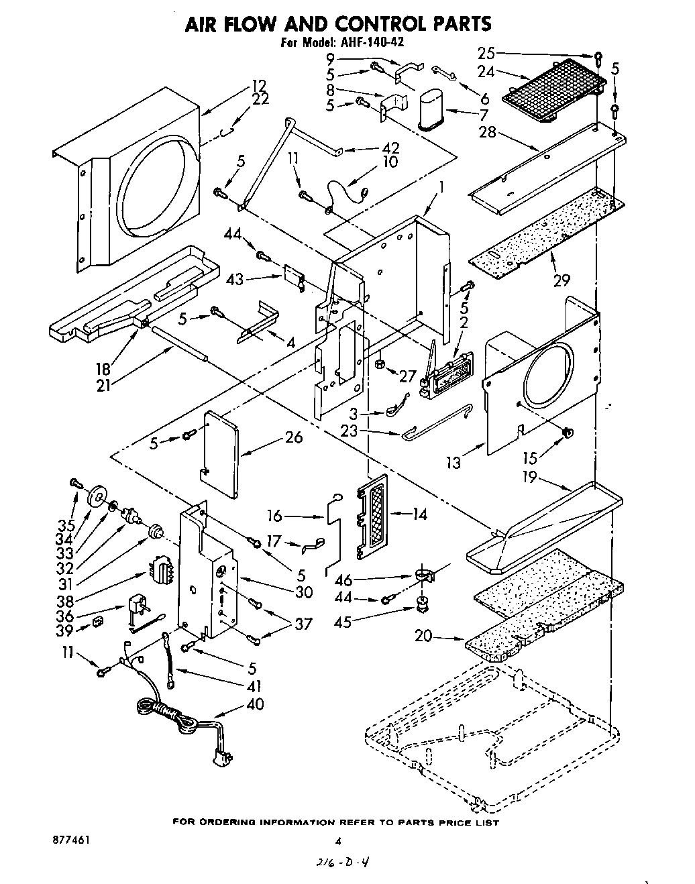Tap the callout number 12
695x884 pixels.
259,85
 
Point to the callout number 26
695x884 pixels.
293,437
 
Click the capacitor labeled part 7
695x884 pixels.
431,110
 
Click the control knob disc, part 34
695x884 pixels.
98,497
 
